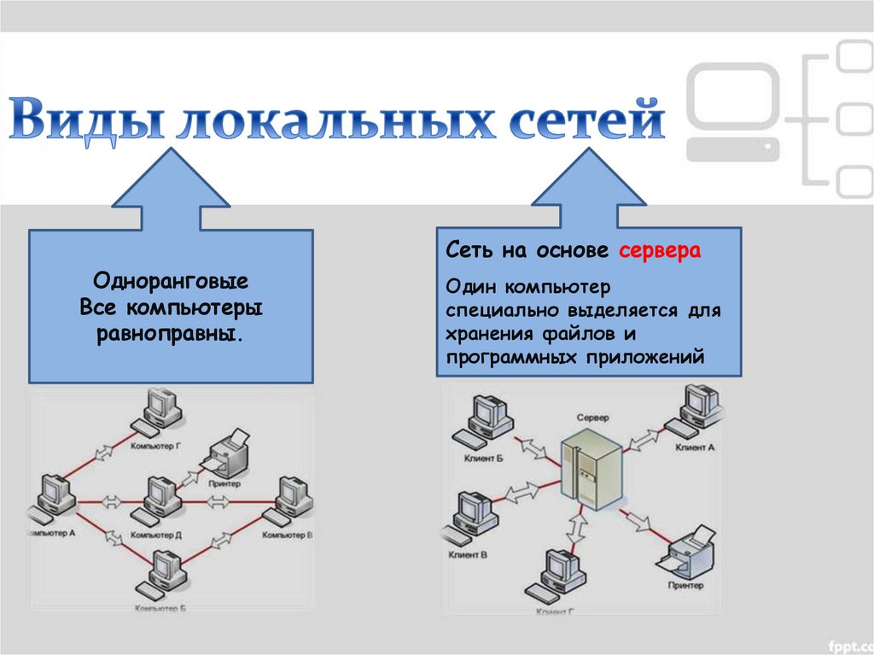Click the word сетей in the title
click(588, 120)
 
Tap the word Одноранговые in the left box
click(171, 281)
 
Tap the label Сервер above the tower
click(592, 418)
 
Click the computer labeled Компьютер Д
click(158, 499)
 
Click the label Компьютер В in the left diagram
click(287, 535)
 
